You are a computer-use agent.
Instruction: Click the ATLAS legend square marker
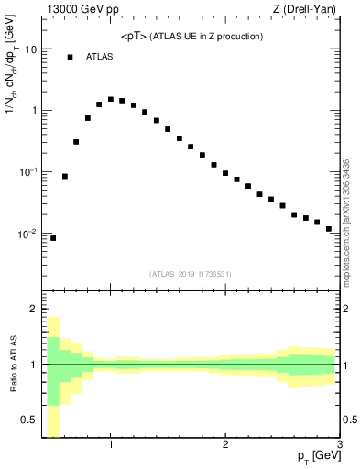(x=70, y=57)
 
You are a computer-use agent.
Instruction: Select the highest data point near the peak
(x=111, y=99)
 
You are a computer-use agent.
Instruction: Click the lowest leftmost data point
(x=53, y=238)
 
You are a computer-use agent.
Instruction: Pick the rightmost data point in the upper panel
(x=328, y=229)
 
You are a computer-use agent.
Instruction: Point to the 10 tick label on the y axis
(x=30, y=49)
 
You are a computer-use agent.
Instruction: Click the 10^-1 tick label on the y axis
(x=28, y=172)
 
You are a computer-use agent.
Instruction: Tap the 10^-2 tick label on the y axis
(x=28, y=234)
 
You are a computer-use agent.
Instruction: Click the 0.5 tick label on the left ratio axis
(x=29, y=420)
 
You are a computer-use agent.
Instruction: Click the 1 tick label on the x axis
(x=111, y=446)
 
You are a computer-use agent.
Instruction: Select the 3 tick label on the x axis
(x=339, y=446)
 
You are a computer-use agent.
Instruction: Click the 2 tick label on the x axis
(x=225, y=446)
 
